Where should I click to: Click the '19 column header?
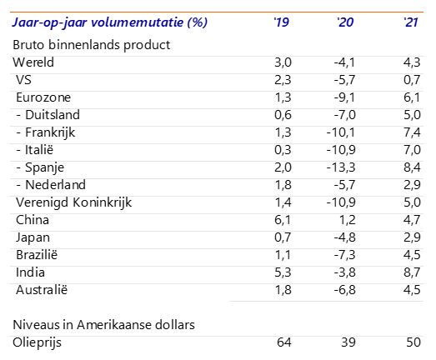[x=282, y=22]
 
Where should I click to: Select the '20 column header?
[x=345, y=22]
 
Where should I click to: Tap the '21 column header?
[x=411, y=22]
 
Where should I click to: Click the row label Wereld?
[x=33, y=62]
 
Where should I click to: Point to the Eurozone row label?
[x=43, y=97]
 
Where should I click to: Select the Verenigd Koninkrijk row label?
[x=73, y=202]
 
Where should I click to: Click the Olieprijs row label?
[x=37, y=342]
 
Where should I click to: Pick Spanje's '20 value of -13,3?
[x=341, y=167]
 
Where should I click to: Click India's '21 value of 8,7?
[x=412, y=272]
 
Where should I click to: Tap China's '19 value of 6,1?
[x=283, y=220]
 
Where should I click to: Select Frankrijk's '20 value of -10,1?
[x=341, y=132]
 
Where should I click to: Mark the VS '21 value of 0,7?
[x=412, y=80]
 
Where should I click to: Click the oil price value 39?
[x=348, y=342]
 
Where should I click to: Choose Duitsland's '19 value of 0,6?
[x=283, y=115]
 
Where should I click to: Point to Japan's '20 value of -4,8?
[x=344, y=237]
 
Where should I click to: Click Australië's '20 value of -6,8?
[x=344, y=290]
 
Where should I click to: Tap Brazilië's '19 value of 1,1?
[x=283, y=255]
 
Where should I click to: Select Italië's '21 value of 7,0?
[x=412, y=150]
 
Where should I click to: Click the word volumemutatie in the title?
[x=137, y=22]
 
